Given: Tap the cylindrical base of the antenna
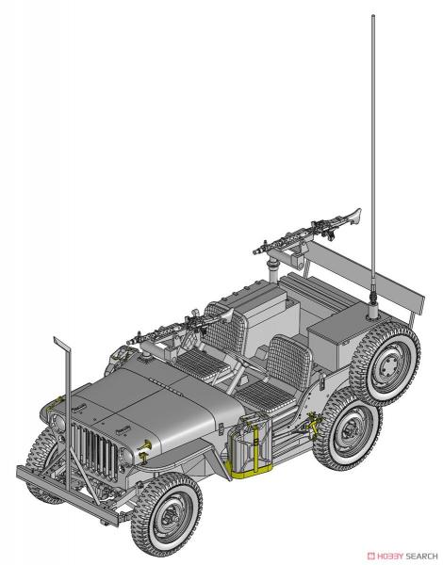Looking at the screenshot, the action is pyautogui.click(x=372, y=312).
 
